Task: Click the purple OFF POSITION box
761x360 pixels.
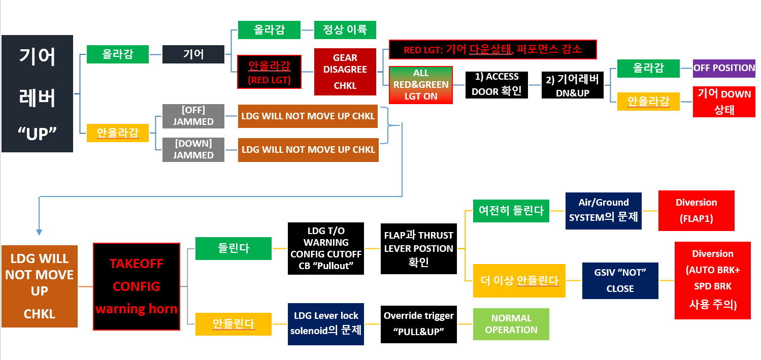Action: click(724, 68)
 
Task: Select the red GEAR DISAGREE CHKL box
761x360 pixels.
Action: click(345, 72)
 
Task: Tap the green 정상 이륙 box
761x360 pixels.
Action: click(345, 30)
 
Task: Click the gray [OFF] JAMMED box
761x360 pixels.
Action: click(193, 116)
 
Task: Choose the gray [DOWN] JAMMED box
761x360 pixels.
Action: click(193, 149)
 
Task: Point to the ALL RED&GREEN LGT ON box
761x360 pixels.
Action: click(421, 85)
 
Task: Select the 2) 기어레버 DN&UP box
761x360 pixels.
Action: click(572, 85)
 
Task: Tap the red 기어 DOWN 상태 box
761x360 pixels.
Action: click(724, 102)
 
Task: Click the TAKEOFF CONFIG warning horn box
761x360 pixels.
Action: click(137, 286)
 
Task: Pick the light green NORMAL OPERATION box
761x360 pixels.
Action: click(511, 324)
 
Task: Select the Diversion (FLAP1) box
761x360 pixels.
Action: click(696, 210)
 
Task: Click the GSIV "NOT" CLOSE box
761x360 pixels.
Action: click(620, 280)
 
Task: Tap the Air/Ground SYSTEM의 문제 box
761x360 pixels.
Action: click(603, 210)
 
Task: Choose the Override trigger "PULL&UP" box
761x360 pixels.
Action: click(418, 323)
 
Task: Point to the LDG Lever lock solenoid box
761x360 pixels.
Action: click(325, 324)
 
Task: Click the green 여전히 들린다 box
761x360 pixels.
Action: click(511, 211)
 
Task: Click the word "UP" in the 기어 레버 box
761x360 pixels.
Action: click(37, 135)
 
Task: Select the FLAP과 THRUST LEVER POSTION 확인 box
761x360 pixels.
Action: click(418, 248)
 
